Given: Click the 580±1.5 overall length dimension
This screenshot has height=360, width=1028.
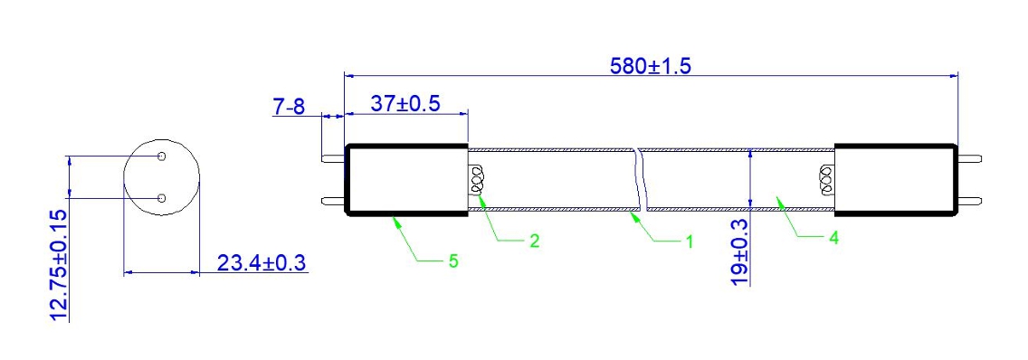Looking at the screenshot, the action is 651,66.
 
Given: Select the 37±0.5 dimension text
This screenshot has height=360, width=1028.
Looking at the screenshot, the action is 405,104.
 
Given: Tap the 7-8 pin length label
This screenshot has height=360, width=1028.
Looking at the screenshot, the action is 290,107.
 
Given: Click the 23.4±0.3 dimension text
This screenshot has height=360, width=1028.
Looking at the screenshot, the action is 262,263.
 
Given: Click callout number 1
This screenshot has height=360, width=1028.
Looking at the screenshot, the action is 689,242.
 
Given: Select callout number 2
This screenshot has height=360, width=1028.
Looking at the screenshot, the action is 534,241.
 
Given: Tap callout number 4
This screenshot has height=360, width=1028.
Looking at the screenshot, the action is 834,237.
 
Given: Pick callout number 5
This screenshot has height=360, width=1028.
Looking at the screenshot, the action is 453,261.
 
